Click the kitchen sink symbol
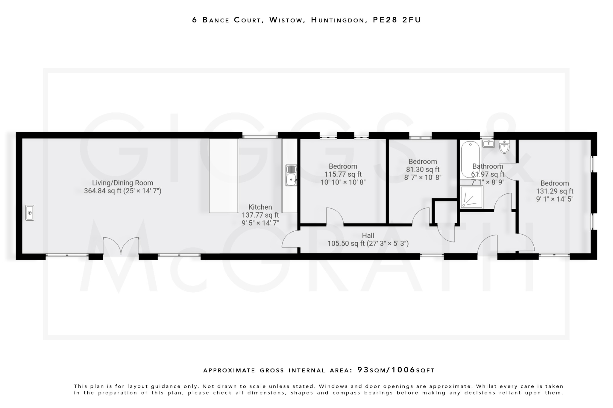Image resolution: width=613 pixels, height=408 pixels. pos(291,175)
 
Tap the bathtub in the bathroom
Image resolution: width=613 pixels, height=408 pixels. pos(470,160)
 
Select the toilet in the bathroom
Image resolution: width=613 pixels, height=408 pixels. pos(504,146)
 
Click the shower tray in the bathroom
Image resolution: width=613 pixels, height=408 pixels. pos(472,197)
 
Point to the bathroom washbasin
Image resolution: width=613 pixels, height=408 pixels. pos(488,144)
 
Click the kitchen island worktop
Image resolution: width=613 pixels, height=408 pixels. pos(224,176)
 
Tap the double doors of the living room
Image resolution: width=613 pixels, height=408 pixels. pos(121,246)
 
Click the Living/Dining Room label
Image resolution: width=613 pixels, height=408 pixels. pos(122,183)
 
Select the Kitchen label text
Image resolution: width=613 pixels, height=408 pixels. pos(260,207)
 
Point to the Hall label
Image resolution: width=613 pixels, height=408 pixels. pos(368,236)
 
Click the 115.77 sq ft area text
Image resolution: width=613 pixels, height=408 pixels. pos(343,174)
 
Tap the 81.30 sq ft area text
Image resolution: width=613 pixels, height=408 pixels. pos(423,169)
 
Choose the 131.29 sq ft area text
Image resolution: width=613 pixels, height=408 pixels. pos(555,191)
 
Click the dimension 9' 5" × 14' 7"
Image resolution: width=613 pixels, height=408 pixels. pos(260,223)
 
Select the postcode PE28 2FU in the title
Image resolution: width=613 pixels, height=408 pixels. pos(397,20)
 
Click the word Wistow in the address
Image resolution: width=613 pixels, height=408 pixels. pos(286,20)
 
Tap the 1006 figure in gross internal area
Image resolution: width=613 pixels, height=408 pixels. pos(403,370)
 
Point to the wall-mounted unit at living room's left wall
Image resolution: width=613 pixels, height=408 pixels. pos(30,213)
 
